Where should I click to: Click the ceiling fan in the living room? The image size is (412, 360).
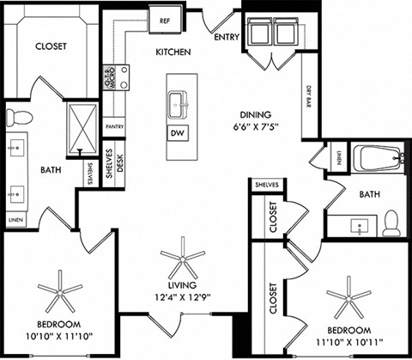click(x=184, y=256)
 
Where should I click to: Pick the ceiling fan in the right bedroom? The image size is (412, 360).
click(x=348, y=297)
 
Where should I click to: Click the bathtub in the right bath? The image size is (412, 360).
click(x=378, y=159)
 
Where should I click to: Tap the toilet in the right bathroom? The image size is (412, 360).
click(x=391, y=223)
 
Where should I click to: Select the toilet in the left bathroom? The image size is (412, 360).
click(x=17, y=117)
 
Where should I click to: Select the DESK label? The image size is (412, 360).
click(x=120, y=164)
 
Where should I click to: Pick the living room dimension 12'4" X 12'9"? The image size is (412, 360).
click(x=184, y=297)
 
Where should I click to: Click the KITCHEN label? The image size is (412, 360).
click(x=172, y=52)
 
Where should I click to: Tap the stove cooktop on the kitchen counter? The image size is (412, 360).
click(x=121, y=76)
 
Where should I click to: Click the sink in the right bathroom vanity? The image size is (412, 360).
click(x=359, y=225)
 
